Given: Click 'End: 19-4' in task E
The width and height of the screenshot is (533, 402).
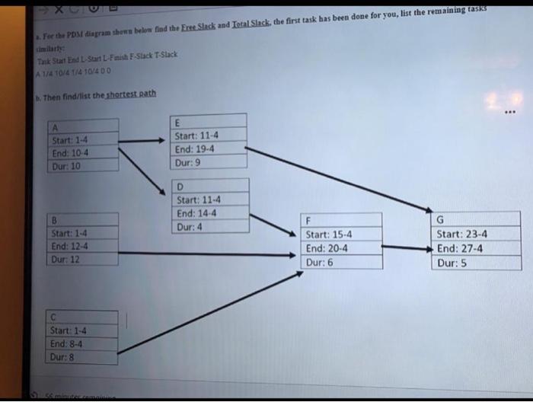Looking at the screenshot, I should coord(196,149).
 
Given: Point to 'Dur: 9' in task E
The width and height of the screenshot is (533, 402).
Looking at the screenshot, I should coord(188,163).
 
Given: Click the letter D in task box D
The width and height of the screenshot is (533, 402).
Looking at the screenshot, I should coord(180,187).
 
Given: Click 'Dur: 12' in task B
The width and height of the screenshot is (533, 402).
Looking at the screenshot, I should coord(67,260).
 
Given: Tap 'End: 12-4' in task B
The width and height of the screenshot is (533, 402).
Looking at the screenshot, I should coord(69,246).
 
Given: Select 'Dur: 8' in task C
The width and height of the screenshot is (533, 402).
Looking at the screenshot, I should coord(63,356).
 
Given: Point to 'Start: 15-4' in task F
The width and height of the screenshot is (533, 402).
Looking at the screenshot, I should coord(329,234).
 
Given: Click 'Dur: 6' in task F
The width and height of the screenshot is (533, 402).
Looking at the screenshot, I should coord(319,262).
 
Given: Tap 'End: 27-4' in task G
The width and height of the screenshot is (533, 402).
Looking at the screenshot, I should coord(460,248).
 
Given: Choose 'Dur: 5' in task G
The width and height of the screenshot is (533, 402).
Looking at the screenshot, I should coord(452,263).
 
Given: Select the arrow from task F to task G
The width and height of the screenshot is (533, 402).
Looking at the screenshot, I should coord(406,247).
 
